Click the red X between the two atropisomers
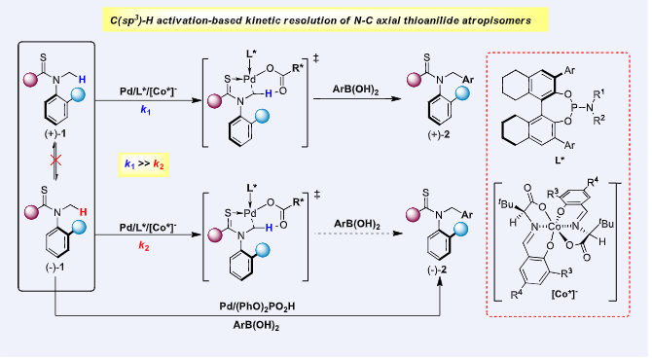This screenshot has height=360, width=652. [55, 160]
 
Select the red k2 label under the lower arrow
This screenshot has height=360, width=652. [144, 246]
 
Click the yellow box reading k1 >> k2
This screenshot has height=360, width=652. [144, 164]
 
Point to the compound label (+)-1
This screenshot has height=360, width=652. [55, 134]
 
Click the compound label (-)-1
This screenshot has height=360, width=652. [54, 269]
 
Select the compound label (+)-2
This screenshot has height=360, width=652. [439, 135]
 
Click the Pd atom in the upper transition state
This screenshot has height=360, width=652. [250, 79]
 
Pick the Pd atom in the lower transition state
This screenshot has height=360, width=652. [250, 213]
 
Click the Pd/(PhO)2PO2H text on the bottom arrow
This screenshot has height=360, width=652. [257, 306]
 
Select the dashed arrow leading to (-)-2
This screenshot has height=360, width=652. [358, 234]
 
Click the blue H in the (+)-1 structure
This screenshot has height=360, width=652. [82, 79]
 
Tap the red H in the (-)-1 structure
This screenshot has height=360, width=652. [83, 212]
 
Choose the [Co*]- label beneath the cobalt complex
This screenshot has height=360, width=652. [564, 294]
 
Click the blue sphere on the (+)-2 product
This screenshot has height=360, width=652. [461, 93]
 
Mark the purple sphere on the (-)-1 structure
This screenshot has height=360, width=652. [31, 212]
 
